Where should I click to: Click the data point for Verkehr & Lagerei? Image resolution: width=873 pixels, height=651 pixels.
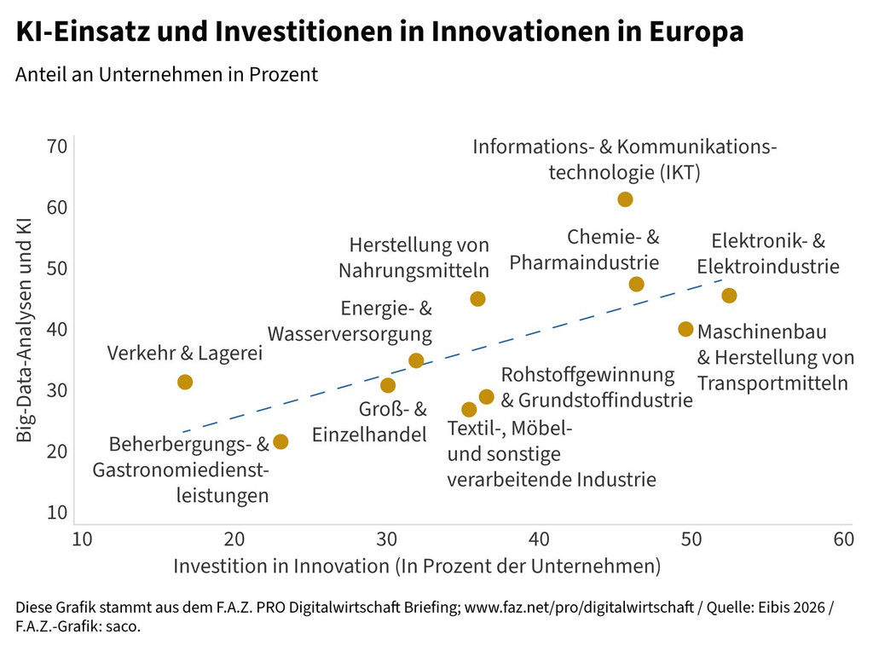[x=184, y=382]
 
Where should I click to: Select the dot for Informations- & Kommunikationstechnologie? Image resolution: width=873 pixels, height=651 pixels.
[x=625, y=199]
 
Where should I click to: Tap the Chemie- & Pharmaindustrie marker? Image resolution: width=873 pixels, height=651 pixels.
[x=636, y=284]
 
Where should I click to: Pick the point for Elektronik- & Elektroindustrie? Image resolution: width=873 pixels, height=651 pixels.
[x=729, y=296]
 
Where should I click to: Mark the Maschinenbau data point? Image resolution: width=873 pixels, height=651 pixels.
[x=685, y=329]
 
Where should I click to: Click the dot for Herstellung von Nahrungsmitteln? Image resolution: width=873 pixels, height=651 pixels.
[x=477, y=299]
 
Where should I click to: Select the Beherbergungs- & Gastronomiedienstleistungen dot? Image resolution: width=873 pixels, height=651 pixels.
[x=280, y=441]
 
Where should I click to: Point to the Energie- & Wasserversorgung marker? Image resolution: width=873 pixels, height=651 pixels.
[x=416, y=360]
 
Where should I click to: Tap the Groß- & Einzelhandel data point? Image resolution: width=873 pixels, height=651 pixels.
[x=388, y=385]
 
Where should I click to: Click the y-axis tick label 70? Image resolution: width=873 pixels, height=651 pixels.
[x=57, y=147]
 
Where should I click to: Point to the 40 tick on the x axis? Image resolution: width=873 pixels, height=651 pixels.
[x=539, y=539]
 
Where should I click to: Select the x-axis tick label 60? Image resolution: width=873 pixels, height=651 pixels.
[x=843, y=539]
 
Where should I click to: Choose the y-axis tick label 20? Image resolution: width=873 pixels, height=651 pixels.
[x=57, y=452]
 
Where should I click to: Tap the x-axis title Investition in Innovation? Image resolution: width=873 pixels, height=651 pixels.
[x=417, y=566]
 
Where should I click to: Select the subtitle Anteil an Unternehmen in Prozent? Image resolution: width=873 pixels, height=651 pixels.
[x=166, y=74]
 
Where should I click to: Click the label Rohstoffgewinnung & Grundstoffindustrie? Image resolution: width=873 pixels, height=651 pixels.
[x=596, y=387]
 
